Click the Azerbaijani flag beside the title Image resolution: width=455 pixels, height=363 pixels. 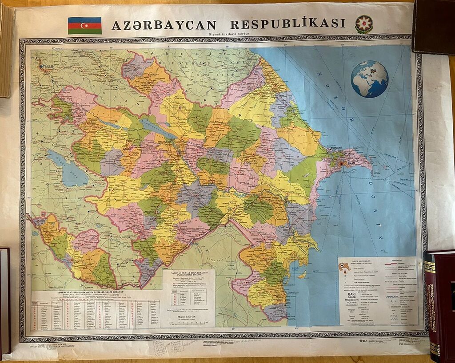(84, 25)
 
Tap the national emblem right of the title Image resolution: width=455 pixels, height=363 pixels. (363, 24)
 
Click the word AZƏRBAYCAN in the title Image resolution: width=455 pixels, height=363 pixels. (164, 25)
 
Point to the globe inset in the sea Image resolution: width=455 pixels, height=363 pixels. (369, 79)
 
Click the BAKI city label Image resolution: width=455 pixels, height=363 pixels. (351, 164)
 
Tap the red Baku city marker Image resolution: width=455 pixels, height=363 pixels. (341, 164)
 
